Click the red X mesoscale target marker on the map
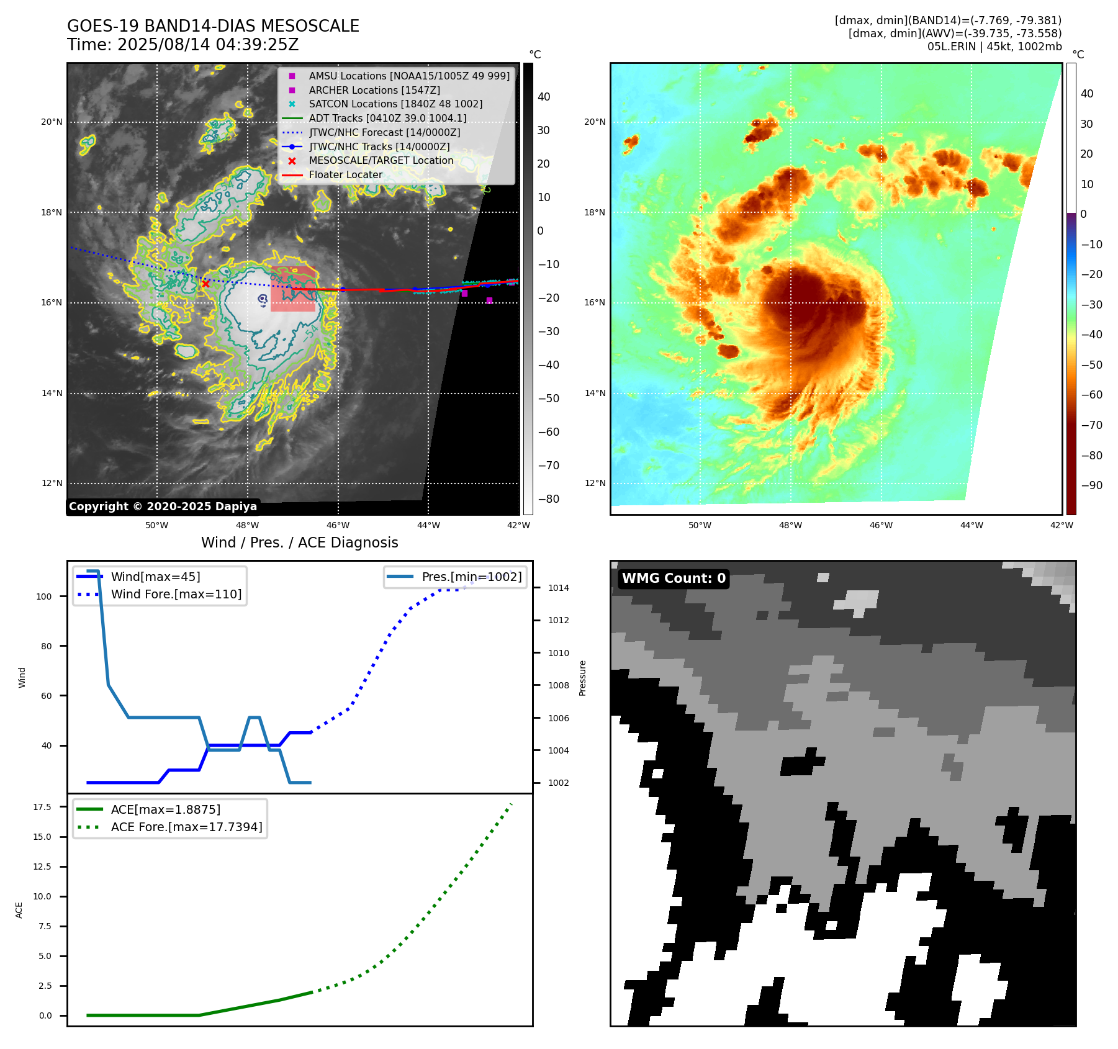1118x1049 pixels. (x=205, y=284)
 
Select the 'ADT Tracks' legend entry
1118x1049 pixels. (x=387, y=118)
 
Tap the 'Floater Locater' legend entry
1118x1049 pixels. (x=345, y=174)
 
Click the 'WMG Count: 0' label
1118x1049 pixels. (x=674, y=579)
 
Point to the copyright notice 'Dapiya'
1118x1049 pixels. (x=163, y=506)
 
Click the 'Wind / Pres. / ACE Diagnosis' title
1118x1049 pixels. (x=299, y=543)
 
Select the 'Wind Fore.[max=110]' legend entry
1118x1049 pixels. (x=176, y=594)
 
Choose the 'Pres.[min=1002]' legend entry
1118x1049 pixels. (x=471, y=577)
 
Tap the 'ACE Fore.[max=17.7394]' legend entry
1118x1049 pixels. (x=186, y=827)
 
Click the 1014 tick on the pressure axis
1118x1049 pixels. (x=558, y=588)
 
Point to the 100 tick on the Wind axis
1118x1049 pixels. (x=44, y=597)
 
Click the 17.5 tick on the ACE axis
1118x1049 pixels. (x=42, y=807)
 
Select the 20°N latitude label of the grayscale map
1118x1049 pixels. (x=52, y=122)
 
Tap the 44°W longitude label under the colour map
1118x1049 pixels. (x=971, y=525)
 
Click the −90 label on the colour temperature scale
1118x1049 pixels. (x=1091, y=485)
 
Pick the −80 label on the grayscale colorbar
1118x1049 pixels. (x=548, y=499)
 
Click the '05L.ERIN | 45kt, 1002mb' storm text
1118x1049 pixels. (x=994, y=47)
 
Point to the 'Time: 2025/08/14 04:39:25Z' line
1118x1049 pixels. (x=183, y=45)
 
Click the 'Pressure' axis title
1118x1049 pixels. (x=582, y=678)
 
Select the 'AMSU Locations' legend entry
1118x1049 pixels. (x=409, y=76)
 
